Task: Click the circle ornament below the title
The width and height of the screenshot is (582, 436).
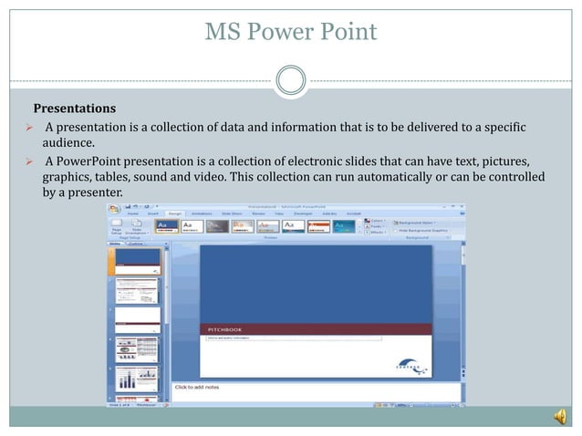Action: point(290,79)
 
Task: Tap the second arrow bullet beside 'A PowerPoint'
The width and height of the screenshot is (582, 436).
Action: point(28,161)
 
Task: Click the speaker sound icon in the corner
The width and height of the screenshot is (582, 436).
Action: point(559,417)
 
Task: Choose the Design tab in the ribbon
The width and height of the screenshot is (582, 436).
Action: point(175,213)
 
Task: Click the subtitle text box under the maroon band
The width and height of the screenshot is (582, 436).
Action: point(290,338)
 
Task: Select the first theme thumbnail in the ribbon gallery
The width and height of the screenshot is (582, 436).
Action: point(167,225)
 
